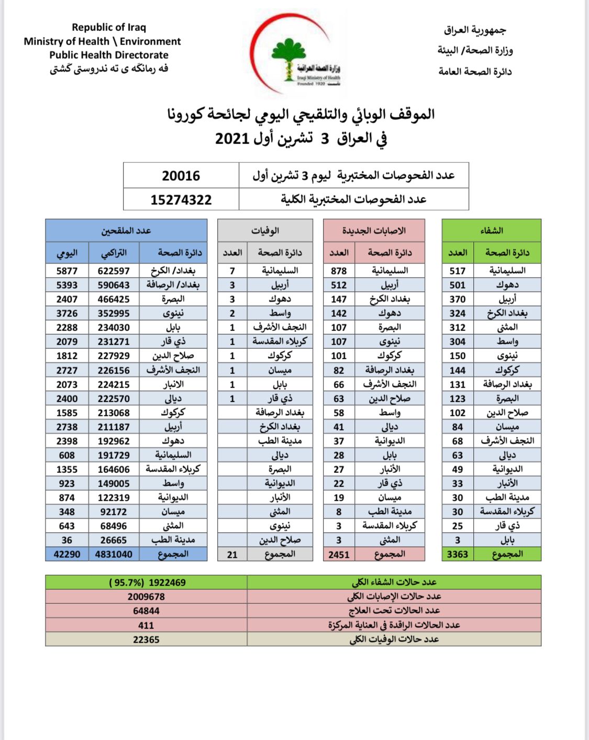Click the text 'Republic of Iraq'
tap(109, 27)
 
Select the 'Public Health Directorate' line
tap(109, 55)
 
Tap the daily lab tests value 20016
tap(181, 175)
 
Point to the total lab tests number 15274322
tap(181, 200)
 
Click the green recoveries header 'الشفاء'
tap(491, 230)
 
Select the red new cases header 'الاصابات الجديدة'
tap(374, 230)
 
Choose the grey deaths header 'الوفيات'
tap(265, 230)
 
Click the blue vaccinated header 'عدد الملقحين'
tap(126, 230)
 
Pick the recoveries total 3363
tap(457, 554)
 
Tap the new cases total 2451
tap(339, 554)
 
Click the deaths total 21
tap(232, 554)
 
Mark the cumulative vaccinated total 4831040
tap(114, 554)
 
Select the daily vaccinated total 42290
tap(67, 554)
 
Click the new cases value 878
tap(339, 271)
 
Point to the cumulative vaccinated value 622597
tap(114, 271)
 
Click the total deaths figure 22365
tap(146, 639)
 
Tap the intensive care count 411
tap(146, 625)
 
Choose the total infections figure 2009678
tap(146, 597)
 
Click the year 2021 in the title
tap(231, 139)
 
